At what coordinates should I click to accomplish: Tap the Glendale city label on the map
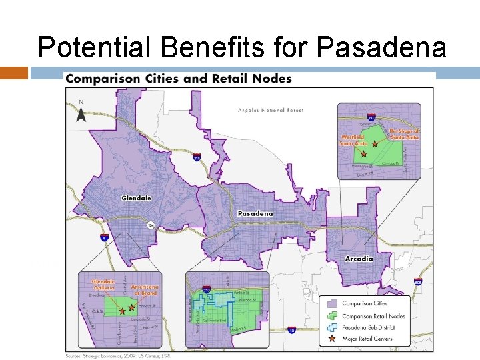tap(137, 198)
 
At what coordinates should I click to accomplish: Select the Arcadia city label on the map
tap(359, 258)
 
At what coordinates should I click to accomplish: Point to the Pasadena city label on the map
tap(255, 214)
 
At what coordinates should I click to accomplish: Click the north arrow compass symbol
tap(81, 113)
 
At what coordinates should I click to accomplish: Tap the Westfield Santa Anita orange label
tap(353, 139)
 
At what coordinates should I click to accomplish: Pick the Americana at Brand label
tap(145, 288)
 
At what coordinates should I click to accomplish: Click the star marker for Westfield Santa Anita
tap(363, 153)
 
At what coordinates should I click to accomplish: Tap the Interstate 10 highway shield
tap(291, 330)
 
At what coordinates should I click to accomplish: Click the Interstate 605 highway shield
tap(417, 283)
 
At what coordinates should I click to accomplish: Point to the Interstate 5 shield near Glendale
tap(104, 237)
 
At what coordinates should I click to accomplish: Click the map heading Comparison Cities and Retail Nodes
tap(179, 79)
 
